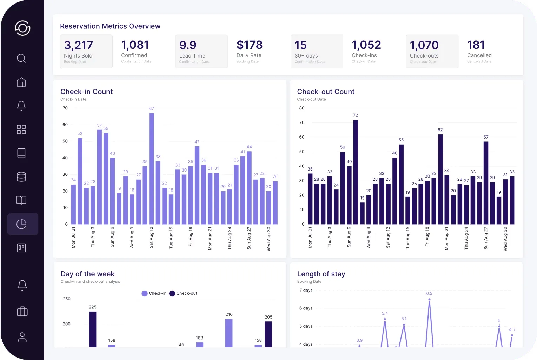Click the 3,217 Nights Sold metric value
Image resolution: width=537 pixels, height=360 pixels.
78,45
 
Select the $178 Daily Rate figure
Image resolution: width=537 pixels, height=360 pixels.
250,45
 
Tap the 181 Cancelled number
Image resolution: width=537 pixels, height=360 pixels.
476,45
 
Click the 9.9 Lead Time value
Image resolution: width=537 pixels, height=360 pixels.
188,45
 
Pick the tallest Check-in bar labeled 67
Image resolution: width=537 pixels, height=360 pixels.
151,168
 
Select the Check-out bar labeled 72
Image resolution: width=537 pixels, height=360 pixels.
356,172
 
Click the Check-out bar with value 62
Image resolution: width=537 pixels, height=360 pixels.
440,179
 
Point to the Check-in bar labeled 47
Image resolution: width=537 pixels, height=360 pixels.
197,185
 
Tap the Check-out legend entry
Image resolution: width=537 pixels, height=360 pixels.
183,293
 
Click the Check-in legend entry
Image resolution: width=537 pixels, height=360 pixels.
154,293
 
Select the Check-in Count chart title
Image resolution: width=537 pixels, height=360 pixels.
86,92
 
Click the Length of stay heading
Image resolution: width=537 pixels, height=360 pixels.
321,274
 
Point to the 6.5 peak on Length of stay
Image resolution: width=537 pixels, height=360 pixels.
429,299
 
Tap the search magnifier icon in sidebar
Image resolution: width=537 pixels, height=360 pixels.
21,58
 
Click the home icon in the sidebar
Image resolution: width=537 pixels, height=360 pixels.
21,82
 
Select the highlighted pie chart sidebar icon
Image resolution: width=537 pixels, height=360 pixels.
22,224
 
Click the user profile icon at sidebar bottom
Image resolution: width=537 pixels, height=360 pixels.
22,337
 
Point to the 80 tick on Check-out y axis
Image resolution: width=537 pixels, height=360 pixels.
301,108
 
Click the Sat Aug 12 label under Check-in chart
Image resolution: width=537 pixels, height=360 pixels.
151,238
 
